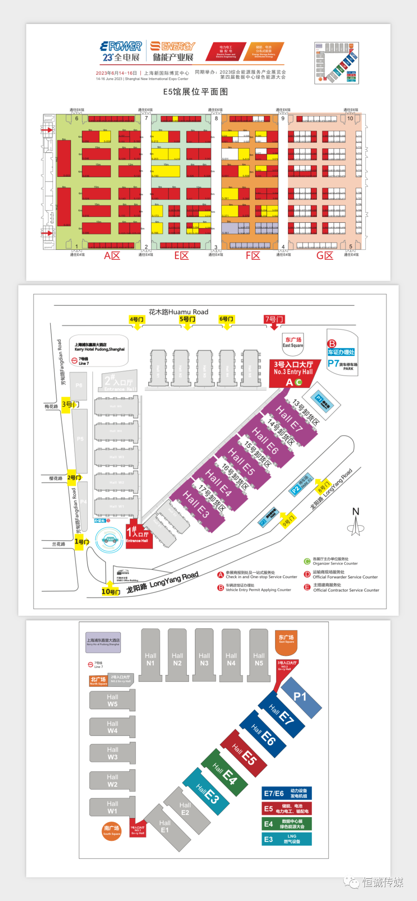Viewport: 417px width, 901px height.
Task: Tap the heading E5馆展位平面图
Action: coord(195,92)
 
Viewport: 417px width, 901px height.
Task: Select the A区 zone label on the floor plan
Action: coord(112,256)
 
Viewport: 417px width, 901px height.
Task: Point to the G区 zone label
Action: coord(325,256)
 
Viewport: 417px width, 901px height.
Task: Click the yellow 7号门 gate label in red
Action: coord(274,319)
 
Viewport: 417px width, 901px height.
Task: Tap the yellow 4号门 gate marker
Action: coord(137,320)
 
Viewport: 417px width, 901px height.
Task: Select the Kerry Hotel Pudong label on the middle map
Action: coord(99,347)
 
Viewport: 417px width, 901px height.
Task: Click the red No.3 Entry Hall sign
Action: coord(293,368)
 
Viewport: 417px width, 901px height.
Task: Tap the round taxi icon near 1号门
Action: coord(110,540)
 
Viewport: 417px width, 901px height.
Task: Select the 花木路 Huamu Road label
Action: coord(178,312)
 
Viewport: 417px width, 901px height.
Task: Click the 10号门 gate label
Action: coord(110,591)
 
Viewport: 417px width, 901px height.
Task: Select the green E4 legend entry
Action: coord(286,824)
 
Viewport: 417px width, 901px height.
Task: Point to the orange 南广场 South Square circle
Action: coord(112,830)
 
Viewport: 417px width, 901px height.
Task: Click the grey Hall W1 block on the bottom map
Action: coord(112,807)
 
